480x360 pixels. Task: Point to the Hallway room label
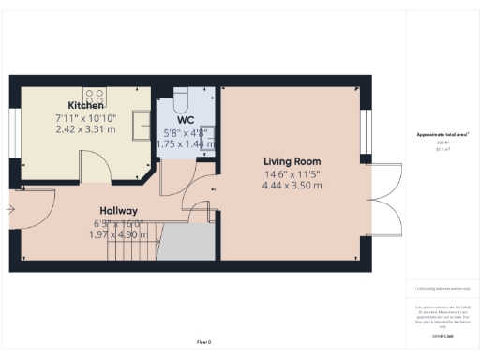(119, 211)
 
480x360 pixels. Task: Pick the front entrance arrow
(10, 210)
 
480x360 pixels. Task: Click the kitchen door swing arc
(94, 166)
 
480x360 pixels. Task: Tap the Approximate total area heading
(442, 134)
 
